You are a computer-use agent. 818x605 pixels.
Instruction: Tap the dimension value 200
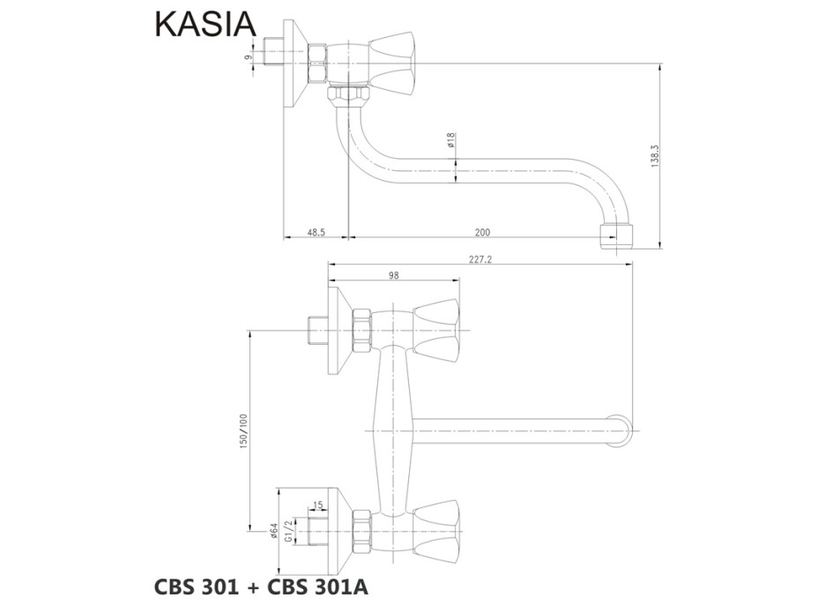click(x=482, y=232)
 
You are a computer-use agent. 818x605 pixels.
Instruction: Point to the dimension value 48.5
click(x=316, y=232)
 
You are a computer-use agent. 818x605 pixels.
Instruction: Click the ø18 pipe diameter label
click(x=450, y=140)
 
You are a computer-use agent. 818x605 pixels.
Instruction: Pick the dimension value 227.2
click(x=481, y=259)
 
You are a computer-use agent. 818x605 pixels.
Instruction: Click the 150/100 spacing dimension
click(x=244, y=431)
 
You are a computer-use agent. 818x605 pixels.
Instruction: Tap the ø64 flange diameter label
click(x=274, y=531)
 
